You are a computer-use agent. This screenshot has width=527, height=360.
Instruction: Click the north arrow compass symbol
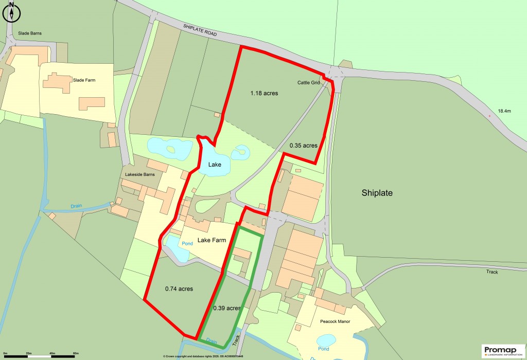pyautogui.click(x=11, y=12)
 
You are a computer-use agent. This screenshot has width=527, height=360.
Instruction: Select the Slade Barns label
pyautogui.click(x=30, y=33)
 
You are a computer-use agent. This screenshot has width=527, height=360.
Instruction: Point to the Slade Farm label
pyautogui.click(x=84, y=80)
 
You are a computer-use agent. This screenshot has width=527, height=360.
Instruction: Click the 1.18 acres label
pyautogui.click(x=264, y=93)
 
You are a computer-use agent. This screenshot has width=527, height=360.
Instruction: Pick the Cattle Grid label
pyautogui.click(x=309, y=82)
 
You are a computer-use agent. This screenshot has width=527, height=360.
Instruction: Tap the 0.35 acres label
pyautogui.click(x=304, y=146)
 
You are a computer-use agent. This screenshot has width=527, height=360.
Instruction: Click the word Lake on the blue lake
pyautogui.click(x=215, y=165)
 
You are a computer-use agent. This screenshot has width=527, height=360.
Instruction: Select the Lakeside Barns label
pyautogui.click(x=140, y=175)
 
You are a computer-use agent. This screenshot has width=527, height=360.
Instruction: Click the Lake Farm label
pyautogui.click(x=212, y=240)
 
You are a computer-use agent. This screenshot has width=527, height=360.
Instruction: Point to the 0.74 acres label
pyautogui.click(x=179, y=289)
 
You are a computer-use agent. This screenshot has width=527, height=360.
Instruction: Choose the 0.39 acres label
pyautogui.click(x=227, y=308)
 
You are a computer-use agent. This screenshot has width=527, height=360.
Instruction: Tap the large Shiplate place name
pyautogui.click(x=377, y=193)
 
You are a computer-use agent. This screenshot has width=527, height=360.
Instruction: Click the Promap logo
pyautogui.click(x=502, y=351)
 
